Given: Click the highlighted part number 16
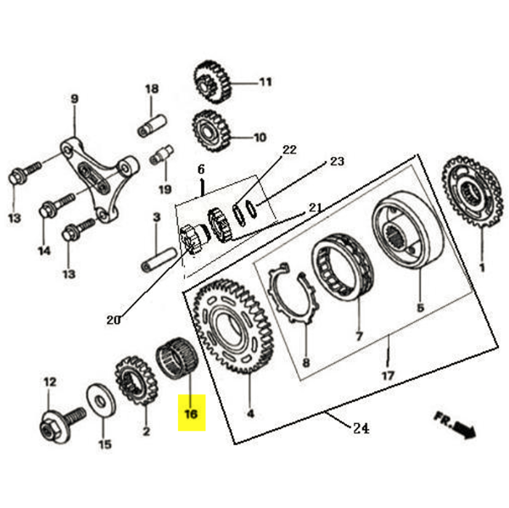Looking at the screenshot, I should (x=190, y=415).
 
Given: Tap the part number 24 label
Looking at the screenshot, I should (x=360, y=428).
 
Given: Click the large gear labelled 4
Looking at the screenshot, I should (x=234, y=327).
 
